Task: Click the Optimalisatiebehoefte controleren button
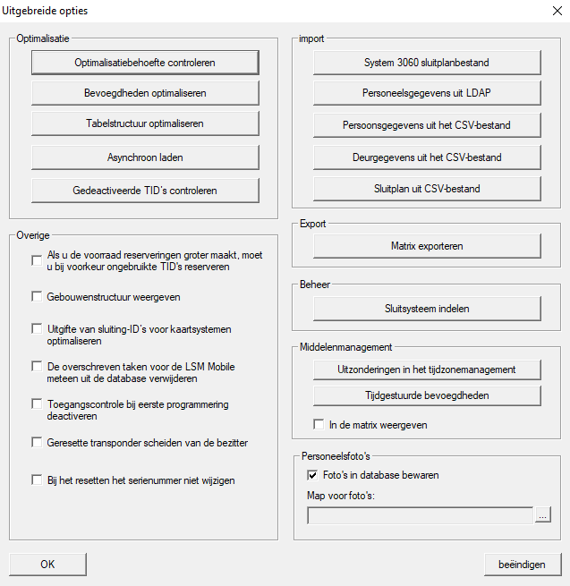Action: [145, 63]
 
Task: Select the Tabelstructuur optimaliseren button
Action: [145, 123]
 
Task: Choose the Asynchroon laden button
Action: [145, 157]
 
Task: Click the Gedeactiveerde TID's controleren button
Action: [145, 191]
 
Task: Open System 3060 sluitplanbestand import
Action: [427, 63]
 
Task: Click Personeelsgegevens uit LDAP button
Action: [427, 93]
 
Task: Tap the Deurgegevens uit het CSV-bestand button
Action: [427, 157]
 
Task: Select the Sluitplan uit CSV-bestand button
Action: [427, 189]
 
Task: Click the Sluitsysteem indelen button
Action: [427, 309]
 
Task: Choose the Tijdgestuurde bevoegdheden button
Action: [427, 395]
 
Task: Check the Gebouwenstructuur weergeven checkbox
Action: [37, 297]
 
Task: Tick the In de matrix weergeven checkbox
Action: [319, 424]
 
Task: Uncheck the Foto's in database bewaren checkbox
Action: [312, 475]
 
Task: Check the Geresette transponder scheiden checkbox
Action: [37, 443]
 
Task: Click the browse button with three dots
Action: [543, 515]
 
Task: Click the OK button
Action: [47, 565]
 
